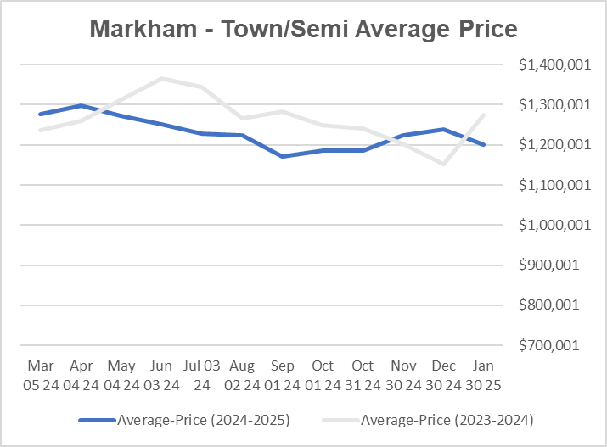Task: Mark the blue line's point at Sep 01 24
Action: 283,156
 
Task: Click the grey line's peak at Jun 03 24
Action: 160,79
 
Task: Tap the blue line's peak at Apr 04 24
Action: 80,106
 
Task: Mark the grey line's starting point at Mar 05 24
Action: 39,130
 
